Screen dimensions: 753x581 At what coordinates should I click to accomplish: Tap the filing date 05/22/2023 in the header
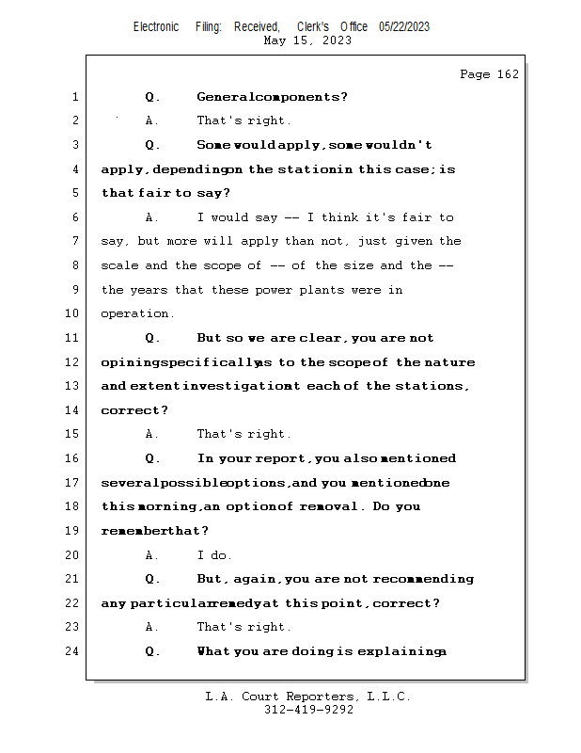404,27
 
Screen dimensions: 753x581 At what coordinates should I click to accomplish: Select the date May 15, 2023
308,40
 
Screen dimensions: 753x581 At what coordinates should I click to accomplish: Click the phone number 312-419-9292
308,711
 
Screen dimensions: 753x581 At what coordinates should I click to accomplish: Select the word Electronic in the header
156,27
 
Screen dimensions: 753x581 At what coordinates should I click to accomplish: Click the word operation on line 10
135,314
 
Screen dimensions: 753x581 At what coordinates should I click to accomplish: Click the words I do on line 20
214,555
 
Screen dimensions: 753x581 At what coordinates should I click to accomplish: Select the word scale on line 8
119,266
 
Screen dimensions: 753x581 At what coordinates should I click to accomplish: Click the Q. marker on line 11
153,339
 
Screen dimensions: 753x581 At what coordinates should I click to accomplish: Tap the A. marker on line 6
152,218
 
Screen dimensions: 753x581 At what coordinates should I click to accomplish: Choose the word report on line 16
281,459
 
